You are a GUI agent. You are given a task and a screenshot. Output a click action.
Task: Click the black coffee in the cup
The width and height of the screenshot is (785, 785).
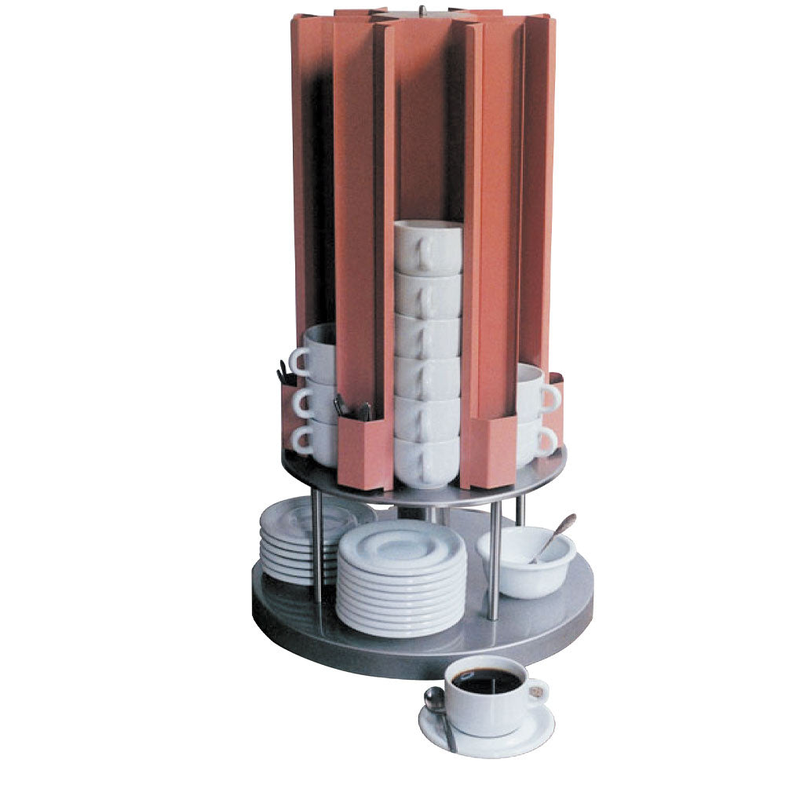[x=487, y=680]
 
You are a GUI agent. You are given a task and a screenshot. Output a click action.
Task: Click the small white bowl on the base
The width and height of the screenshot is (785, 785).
[x=524, y=565]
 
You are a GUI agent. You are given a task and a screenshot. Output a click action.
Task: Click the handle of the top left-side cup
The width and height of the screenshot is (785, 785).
[x=298, y=362]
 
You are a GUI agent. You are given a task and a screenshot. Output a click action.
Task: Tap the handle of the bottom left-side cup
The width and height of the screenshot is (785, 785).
[x=301, y=440]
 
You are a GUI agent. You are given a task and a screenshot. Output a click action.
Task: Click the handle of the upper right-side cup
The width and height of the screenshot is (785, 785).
[x=551, y=397]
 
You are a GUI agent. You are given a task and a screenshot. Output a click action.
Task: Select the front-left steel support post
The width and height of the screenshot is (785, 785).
[x=316, y=549]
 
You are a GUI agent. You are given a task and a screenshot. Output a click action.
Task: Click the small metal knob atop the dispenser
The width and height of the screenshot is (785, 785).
[x=422, y=10]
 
